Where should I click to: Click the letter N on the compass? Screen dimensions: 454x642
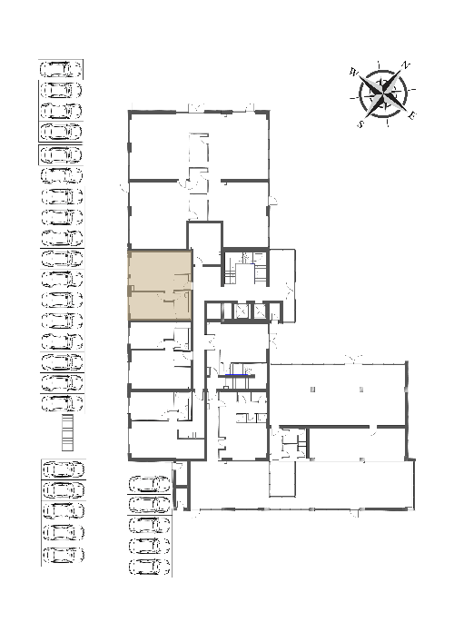(405, 65)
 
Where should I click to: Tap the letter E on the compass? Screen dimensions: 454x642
(412, 115)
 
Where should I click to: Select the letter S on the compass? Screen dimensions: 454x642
(360, 123)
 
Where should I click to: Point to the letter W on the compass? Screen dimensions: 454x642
(354, 73)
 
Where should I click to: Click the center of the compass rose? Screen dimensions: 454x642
(383, 94)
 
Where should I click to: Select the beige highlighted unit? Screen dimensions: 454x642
(160, 285)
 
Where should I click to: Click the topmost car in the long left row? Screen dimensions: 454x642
(61, 69)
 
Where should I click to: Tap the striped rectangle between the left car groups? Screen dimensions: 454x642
(67, 432)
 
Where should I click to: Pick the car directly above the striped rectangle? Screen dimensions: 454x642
(63, 403)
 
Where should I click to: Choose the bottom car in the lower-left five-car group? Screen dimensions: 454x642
(64, 555)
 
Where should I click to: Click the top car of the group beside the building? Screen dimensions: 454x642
(150, 484)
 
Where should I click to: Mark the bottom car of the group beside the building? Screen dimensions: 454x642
(150, 567)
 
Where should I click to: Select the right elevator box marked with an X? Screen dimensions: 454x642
(260, 311)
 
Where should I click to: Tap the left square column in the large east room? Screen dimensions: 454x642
(312, 389)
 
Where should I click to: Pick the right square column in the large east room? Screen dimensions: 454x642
(361, 389)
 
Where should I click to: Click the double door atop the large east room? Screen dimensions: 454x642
(353, 360)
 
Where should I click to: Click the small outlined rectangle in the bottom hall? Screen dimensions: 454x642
(282, 479)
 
